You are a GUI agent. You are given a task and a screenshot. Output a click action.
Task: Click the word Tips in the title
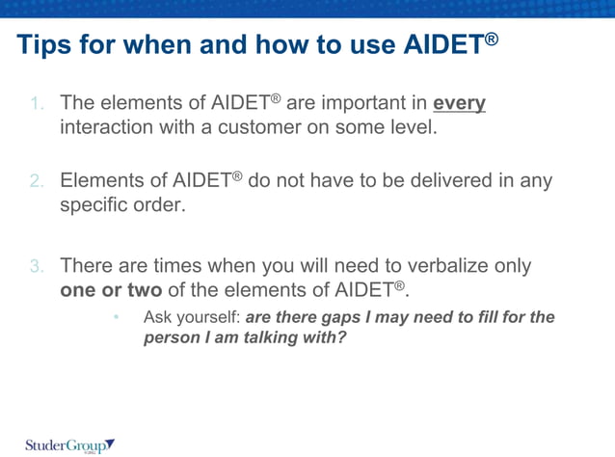[44, 45]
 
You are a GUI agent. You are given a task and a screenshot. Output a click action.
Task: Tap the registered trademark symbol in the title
[491, 38]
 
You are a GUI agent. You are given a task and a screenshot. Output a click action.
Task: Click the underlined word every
[459, 102]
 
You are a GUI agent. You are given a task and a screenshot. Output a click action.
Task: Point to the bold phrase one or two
[111, 290]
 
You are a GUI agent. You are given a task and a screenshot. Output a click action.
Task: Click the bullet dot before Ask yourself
[116, 317]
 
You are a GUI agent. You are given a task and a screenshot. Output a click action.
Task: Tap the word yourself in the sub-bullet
[207, 317]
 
